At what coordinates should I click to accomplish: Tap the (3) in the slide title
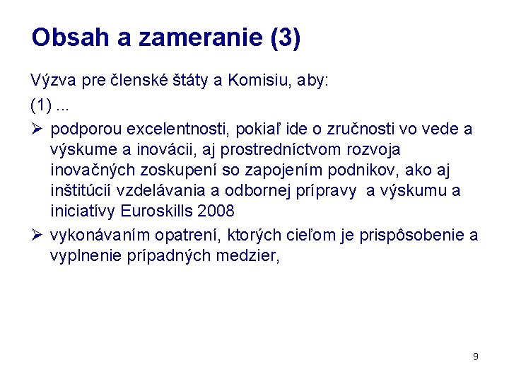285,37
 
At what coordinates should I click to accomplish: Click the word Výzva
54,80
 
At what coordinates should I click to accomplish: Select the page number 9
476,357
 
